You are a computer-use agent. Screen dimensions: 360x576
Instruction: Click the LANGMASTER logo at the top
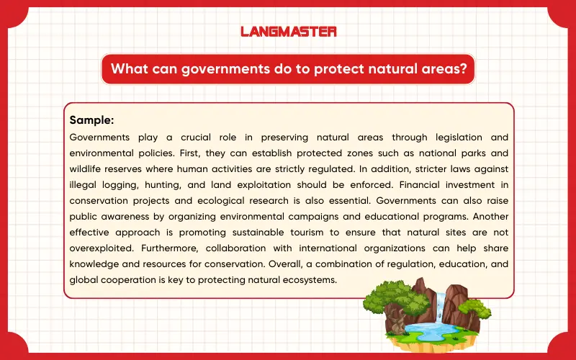288,32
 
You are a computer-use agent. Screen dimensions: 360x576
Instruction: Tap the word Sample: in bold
91,120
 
